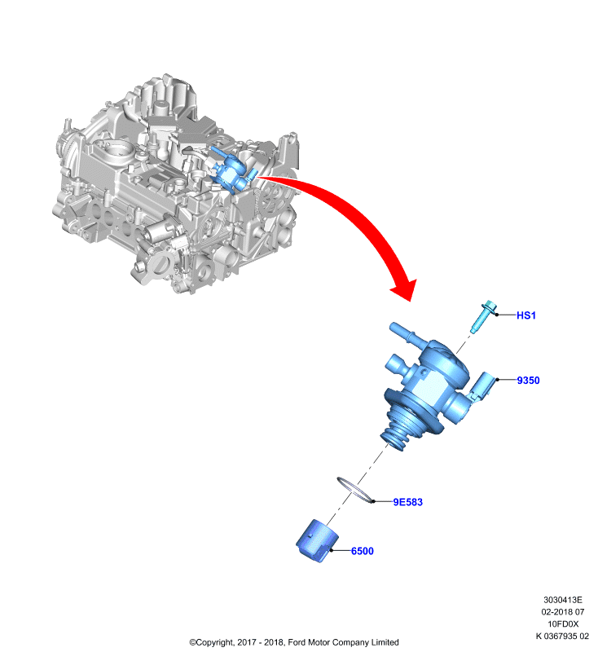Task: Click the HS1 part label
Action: tap(526, 315)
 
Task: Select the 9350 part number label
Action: tap(528, 380)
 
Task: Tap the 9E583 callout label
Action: tap(407, 502)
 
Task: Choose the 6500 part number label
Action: tap(363, 551)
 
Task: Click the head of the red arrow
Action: tap(404, 289)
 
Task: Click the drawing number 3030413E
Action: tap(563, 600)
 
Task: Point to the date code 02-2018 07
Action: tap(563, 612)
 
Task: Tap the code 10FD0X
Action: tap(563, 623)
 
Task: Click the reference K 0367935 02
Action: tap(562, 636)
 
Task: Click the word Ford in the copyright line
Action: tap(297, 642)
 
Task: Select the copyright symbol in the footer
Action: tap(192, 642)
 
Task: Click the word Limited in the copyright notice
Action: tap(385, 642)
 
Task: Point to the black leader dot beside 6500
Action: tap(332, 551)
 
